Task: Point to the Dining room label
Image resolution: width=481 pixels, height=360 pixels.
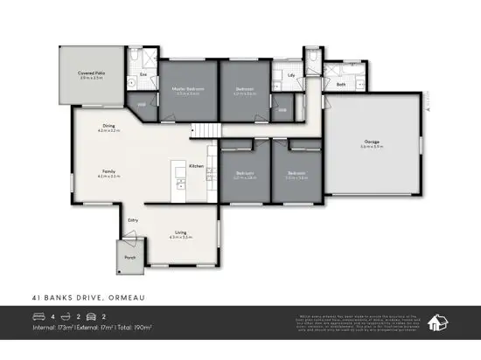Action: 108,126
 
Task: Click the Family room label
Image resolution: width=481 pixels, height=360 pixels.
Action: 108,172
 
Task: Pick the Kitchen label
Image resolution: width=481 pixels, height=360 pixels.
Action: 197,165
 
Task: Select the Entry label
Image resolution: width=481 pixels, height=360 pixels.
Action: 133,220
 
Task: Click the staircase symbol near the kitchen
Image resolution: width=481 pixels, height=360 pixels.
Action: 203,130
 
